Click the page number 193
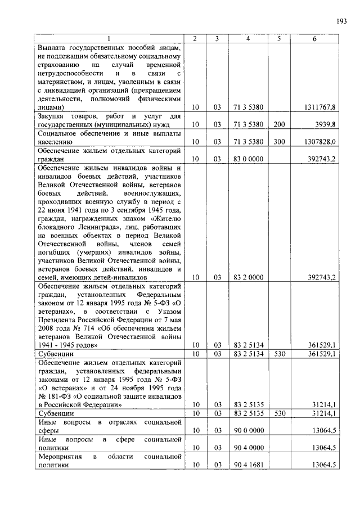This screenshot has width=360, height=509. [x=341, y=22]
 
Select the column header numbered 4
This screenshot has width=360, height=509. [x=248, y=39]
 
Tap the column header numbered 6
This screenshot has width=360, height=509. [x=314, y=39]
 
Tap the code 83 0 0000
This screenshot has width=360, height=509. [x=248, y=160]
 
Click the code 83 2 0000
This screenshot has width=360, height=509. [x=248, y=277]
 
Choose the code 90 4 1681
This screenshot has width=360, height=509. [x=248, y=465]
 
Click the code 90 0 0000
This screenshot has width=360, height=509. [x=248, y=430]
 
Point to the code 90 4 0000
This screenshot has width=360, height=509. [x=248, y=448]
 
